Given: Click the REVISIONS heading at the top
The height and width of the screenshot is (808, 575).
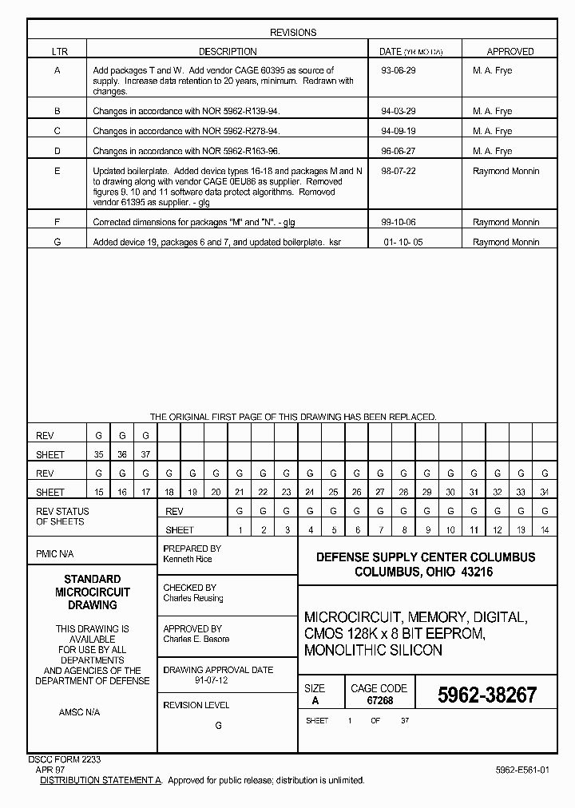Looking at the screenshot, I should pos(292,33).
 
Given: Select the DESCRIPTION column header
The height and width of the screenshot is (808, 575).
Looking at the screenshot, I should pos(228,52).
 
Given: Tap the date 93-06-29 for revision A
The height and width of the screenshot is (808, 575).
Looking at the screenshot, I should pos(399,71).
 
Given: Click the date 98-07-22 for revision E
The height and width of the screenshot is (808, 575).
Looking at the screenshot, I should pos(399,172).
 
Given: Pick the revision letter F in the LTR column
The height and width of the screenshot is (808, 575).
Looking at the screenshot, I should pos(57,223).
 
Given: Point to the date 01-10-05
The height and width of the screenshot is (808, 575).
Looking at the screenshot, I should pos(402,242).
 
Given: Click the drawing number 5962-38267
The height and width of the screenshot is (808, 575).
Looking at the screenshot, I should pos(487,695).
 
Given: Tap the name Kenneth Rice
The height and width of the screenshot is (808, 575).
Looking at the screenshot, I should pos(187,560).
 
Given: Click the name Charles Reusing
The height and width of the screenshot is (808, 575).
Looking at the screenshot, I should pos(193,598).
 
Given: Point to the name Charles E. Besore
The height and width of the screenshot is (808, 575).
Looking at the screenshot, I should pos(196,639).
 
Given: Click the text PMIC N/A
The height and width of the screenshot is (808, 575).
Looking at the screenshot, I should pos(56,553).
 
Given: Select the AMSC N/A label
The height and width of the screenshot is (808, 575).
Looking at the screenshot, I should pos(79,711).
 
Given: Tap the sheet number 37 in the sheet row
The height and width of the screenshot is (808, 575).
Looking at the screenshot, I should pos(145,455).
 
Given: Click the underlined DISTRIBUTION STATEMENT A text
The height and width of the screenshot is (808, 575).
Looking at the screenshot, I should pos(101,780).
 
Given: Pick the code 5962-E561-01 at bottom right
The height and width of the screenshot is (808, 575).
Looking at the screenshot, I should pos(521,770).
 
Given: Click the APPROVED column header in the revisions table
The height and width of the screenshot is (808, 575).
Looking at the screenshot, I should pos(510,52).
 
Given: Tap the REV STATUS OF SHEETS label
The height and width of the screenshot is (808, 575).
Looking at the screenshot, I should pos(62,517).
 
